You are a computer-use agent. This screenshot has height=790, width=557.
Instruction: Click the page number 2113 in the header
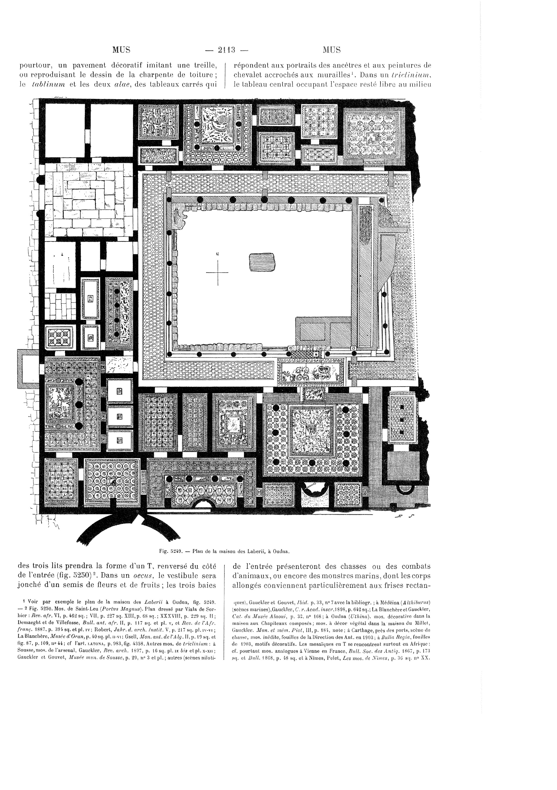pyautogui.click(x=226, y=50)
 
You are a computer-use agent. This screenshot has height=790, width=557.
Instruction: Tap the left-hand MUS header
pyautogui.click(x=121, y=50)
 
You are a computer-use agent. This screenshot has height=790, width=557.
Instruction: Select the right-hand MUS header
pyautogui.click(x=332, y=50)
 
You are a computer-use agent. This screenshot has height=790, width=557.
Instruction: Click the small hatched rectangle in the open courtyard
pyautogui.click(x=262, y=262)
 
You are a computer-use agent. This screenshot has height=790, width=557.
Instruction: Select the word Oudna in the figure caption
pyautogui.click(x=281, y=551)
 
